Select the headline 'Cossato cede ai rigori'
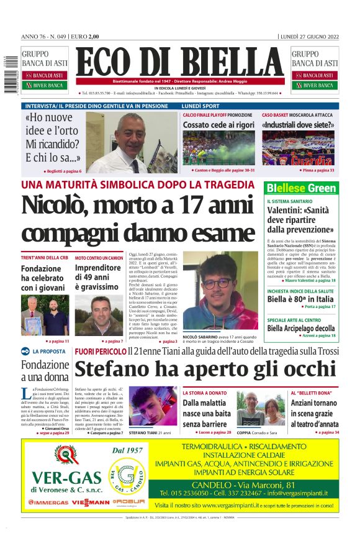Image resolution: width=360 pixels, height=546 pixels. point(218,125)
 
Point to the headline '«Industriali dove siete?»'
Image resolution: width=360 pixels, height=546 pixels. point(299,125)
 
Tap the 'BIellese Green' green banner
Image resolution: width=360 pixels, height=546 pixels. point(301,188)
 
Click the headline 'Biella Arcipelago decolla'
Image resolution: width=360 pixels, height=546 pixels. point(301,328)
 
